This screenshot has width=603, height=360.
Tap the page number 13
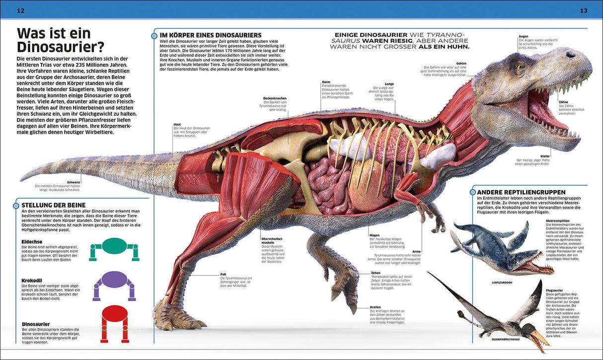click(583, 10)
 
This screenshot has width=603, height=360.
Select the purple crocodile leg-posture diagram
click(114, 285)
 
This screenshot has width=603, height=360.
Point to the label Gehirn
click(461, 64)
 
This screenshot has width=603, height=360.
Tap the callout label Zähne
click(563, 102)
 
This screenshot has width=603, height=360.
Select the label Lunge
click(389, 84)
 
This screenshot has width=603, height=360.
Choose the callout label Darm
click(326, 82)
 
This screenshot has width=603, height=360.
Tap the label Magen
click(375, 235)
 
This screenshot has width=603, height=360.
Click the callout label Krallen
click(375, 307)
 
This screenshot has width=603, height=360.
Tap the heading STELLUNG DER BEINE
click(54, 205)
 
